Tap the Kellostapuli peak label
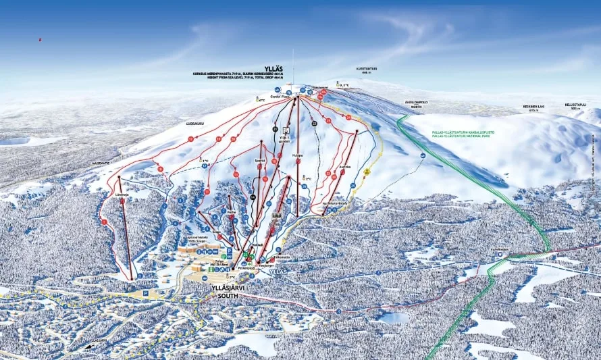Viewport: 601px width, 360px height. [x=576, y=106]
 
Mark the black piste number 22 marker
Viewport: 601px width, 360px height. [x=314, y=124]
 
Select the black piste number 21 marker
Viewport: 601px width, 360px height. [x=275, y=129]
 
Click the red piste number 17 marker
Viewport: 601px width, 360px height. [x=191, y=138]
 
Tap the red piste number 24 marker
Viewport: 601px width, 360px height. [x=348, y=118]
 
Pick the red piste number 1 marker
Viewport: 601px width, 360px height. [x=105, y=222]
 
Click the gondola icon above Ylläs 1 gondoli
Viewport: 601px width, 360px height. [x=286, y=129]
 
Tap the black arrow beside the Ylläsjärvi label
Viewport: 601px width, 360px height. [x=88, y=346]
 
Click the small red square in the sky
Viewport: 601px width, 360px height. [x=40, y=40]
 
